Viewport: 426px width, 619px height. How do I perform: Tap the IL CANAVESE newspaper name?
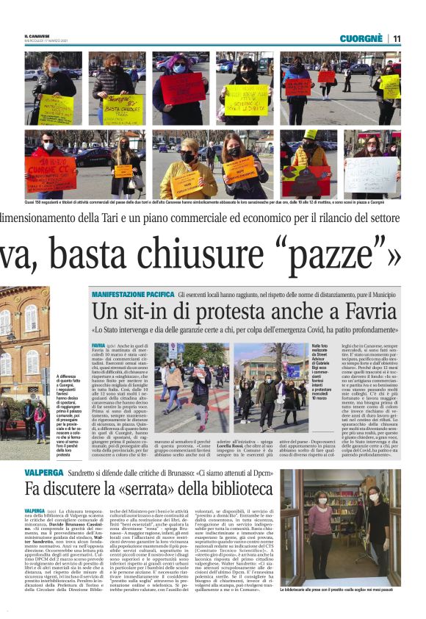(x=37, y=36)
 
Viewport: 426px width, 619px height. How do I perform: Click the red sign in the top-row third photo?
(x=182, y=90)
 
